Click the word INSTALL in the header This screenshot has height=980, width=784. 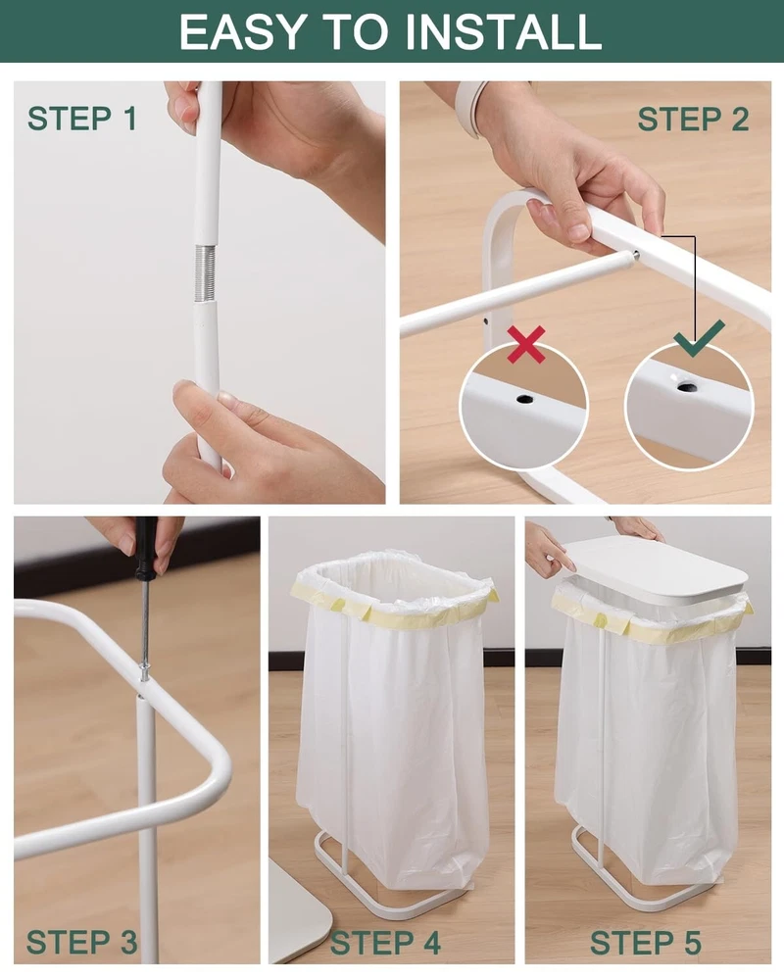(504, 31)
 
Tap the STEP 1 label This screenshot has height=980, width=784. (82, 119)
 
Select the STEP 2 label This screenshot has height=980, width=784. (693, 119)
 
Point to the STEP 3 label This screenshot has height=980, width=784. (82, 943)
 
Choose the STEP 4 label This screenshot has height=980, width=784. (385, 943)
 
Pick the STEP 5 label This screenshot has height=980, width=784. (645, 943)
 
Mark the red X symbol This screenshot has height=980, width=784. (526, 344)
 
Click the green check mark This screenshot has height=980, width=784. (699, 338)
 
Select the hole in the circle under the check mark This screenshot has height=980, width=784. (687, 386)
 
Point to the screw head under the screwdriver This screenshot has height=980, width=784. (144, 674)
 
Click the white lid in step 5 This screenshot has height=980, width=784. (658, 570)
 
